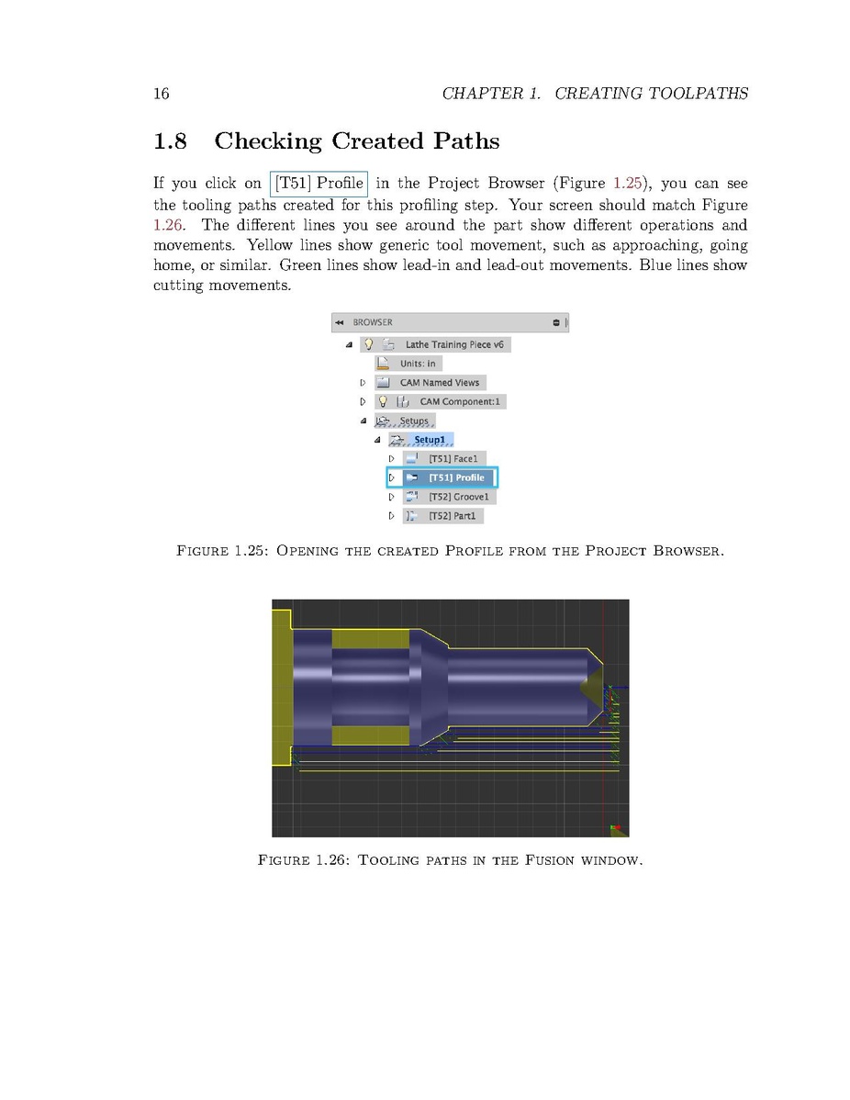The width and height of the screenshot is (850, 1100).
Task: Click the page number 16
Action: (x=161, y=93)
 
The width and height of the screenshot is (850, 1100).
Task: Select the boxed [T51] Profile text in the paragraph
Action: (x=319, y=185)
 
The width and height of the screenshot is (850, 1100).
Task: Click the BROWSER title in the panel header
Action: (x=373, y=322)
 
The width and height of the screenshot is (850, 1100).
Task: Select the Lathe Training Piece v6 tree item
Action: (x=454, y=344)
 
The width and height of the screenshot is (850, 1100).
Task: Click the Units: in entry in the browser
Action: (x=418, y=364)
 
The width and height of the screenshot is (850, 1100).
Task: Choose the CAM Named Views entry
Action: (x=439, y=383)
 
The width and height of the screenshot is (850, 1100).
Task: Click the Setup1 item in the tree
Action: (x=429, y=440)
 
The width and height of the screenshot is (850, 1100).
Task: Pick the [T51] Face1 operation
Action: (x=453, y=458)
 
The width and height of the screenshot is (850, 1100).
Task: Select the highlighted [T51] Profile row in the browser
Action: (x=456, y=477)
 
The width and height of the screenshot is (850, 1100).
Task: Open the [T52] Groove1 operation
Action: (x=459, y=497)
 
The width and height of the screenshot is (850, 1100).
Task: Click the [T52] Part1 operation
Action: (x=453, y=516)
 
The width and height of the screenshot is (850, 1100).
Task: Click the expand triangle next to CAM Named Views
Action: (x=363, y=383)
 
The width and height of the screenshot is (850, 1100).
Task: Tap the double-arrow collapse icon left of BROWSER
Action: (x=340, y=322)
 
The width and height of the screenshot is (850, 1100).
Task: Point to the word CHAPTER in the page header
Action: (x=483, y=93)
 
